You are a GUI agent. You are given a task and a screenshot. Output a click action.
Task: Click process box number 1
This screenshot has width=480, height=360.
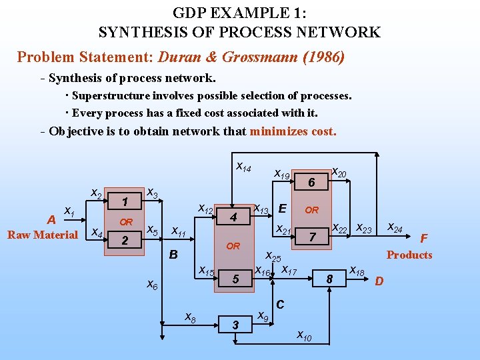125,201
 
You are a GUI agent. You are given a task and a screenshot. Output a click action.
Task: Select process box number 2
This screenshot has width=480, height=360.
125,241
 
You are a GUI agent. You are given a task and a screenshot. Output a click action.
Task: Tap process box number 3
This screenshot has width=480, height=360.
235,325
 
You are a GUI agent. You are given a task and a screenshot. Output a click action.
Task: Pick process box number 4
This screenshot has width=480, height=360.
233,217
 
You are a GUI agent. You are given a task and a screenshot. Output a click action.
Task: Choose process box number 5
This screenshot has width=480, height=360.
235,279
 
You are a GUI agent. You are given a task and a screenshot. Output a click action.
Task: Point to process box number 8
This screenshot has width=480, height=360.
329,279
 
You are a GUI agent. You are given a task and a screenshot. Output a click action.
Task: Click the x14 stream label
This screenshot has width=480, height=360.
243,167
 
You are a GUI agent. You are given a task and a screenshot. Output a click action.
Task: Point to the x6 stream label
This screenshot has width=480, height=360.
152,285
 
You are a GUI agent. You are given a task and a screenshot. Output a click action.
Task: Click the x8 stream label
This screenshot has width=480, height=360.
190,317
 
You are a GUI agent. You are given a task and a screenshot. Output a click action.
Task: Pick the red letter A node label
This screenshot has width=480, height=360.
51,220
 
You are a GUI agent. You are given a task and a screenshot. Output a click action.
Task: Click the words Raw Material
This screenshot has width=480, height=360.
43,235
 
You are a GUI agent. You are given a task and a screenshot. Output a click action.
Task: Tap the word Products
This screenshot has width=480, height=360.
409,255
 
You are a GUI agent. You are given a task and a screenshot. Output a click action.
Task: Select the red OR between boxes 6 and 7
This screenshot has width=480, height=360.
311,209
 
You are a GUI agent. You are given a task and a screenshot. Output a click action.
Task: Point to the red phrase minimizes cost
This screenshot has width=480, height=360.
293,131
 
